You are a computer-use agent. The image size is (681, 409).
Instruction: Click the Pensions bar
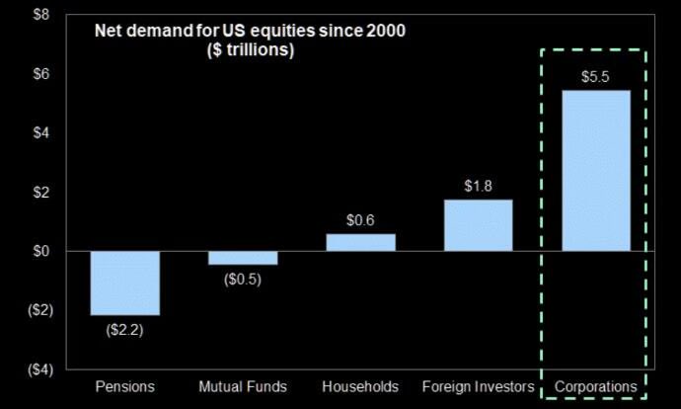[x=125, y=283]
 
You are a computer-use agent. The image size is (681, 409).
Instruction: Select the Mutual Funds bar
[x=243, y=258]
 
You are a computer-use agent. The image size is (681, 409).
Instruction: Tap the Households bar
[x=360, y=242]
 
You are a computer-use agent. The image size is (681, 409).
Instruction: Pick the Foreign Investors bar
[x=478, y=225]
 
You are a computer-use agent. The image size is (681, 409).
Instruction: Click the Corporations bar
[x=595, y=171]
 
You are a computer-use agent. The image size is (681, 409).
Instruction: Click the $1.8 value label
[x=478, y=186]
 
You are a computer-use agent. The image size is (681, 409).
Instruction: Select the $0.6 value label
[x=360, y=220]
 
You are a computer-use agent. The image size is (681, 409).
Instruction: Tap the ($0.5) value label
[x=243, y=280]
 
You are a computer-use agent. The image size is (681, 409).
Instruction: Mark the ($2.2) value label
[x=125, y=330]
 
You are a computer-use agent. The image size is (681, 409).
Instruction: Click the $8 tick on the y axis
[x=39, y=16]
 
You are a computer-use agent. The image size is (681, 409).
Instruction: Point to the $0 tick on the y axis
[x=39, y=251]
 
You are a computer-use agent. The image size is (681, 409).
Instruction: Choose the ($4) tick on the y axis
[x=37, y=369]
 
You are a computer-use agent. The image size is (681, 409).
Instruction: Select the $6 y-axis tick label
[x=39, y=74]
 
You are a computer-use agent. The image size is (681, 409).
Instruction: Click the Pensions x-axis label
[x=125, y=385]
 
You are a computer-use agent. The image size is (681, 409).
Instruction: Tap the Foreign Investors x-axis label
[x=478, y=385]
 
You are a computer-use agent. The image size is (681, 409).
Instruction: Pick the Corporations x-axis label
[x=595, y=385]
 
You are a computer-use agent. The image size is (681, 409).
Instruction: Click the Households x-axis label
[x=360, y=385]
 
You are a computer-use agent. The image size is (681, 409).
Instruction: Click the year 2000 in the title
[x=385, y=31]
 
